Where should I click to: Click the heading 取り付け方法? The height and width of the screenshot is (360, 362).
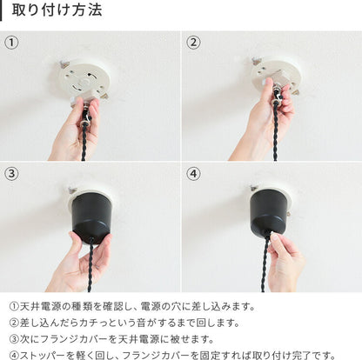[57, 10]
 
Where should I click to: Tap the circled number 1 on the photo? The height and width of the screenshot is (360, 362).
[11, 43]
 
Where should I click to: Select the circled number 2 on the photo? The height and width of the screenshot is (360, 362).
[193, 43]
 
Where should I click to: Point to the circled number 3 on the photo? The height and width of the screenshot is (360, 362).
[11, 174]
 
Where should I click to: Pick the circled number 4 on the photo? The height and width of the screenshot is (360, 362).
[193, 174]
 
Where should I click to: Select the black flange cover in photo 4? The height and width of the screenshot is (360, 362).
[269, 212]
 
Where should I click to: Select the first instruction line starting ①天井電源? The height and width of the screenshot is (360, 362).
[132, 306]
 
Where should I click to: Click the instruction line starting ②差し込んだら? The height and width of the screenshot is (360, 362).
[124, 323]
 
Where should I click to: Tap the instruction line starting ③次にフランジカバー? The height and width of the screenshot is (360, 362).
[111, 339]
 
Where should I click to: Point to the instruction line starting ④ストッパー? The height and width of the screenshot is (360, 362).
[172, 355]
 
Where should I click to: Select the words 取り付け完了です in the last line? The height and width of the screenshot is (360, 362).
[294, 355]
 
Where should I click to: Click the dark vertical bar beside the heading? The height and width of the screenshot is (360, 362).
[1, 10]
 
